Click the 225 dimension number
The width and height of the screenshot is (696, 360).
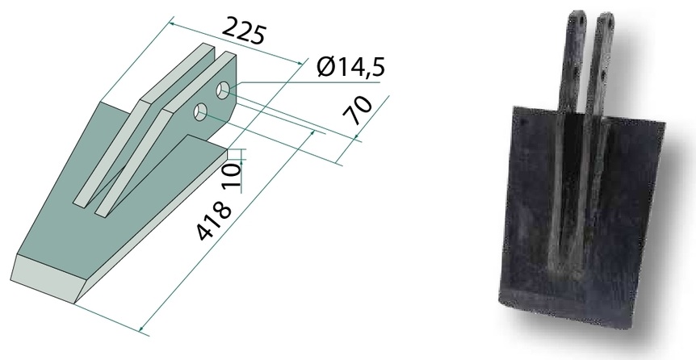click(244, 30)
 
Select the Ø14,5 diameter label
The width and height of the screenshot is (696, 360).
click(351, 66)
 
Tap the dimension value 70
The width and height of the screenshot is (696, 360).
click(358, 111)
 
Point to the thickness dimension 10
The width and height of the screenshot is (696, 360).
click(233, 175)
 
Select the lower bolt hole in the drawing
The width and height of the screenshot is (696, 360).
click(200, 112)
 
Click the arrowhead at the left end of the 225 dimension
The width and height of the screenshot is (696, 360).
click(172, 23)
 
